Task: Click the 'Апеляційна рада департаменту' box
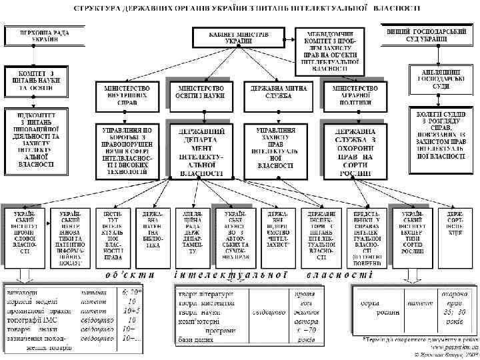tap(191, 233)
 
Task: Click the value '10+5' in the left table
tap(130, 310)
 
